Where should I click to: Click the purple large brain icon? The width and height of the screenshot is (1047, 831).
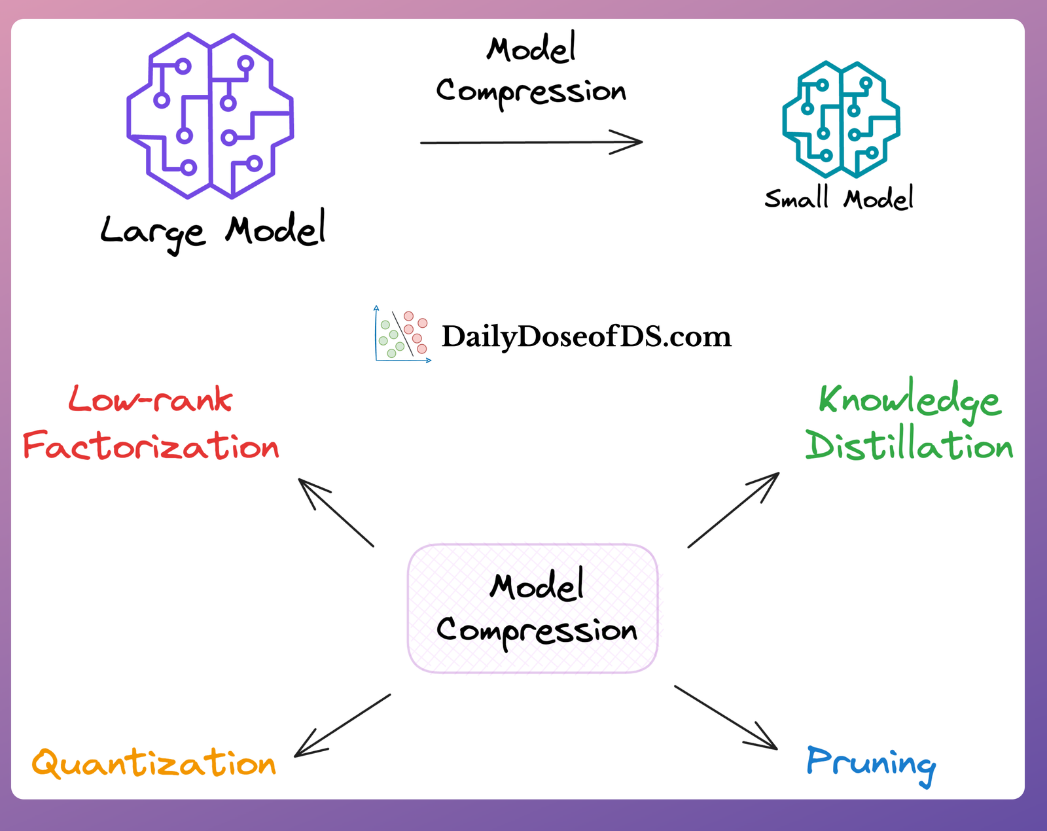click(210, 115)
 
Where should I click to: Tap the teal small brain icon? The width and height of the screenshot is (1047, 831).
click(842, 119)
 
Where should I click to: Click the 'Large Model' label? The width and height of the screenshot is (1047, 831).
click(213, 230)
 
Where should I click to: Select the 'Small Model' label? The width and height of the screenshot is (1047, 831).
click(839, 198)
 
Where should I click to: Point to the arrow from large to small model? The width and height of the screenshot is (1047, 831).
click(530, 141)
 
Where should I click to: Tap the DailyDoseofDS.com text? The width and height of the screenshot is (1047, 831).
click(586, 336)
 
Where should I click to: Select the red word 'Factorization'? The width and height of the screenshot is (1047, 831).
click(151, 446)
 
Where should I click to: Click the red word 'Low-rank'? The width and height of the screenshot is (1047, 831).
click(151, 399)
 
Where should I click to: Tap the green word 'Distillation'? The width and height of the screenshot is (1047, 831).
click(910, 446)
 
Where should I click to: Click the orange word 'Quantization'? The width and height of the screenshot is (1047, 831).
click(154, 763)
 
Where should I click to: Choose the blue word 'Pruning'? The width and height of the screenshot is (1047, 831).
click(871, 763)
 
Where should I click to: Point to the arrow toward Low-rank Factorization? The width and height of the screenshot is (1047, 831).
click(336, 512)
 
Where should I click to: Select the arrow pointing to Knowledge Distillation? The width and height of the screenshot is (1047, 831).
click(734, 510)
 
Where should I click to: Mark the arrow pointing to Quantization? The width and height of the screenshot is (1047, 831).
click(342, 726)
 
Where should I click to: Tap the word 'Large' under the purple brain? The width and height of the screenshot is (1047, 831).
click(153, 232)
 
